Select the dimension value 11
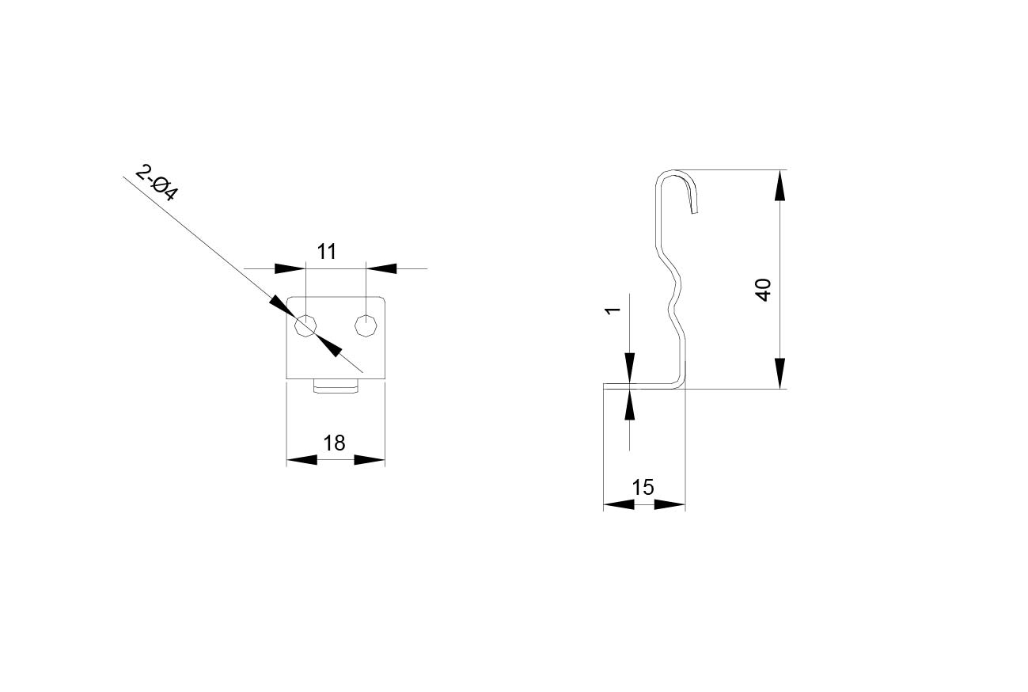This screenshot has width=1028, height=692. (327, 252)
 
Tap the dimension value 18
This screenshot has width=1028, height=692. (334, 443)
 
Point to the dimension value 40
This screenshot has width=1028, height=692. (763, 290)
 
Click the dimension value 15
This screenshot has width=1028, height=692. (643, 488)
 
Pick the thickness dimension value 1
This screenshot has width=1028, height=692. (613, 311)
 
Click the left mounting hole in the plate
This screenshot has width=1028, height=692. (305, 326)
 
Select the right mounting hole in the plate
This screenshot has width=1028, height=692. (366, 326)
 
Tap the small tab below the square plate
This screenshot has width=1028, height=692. (336, 386)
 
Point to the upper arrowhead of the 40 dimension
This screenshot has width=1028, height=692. (780, 185)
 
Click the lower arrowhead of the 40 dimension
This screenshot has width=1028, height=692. (780, 374)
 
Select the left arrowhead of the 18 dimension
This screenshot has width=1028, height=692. (302, 460)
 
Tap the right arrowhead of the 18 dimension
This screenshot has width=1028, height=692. (370, 460)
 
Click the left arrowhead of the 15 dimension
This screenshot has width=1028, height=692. (619, 504)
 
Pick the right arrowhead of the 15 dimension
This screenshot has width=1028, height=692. (670, 504)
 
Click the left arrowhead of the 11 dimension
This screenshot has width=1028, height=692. (290, 268)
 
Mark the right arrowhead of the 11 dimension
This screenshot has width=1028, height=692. (381, 268)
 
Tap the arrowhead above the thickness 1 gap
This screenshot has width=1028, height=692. (630, 368)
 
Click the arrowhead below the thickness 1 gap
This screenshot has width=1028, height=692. (630, 404)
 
